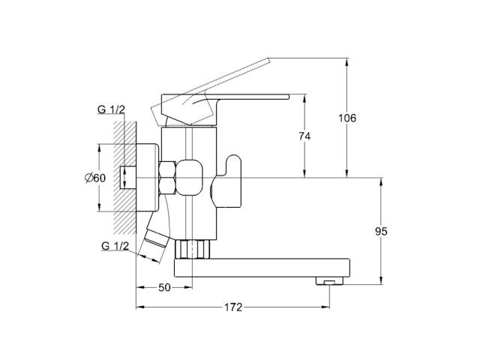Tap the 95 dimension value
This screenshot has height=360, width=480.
point(380,232)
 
